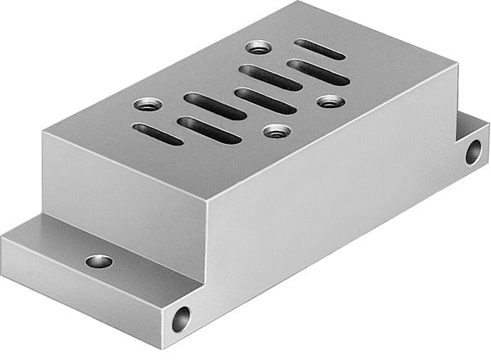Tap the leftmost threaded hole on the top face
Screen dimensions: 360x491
pyautogui.click(x=146, y=105)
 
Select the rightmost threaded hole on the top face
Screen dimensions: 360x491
pyautogui.click(x=330, y=101)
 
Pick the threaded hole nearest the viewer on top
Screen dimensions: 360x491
pyautogui.click(x=275, y=130)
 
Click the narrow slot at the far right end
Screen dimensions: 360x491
pyautogui.click(x=320, y=50)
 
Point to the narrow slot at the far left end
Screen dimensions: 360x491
pyautogui.click(x=158, y=134)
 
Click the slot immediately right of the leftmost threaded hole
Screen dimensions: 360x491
pyautogui.click(x=214, y=106)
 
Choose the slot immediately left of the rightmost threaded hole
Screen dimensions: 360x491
pyautogui.click(x=265, y=100)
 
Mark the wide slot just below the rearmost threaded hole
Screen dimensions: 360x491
pyautogui.click(x=269, y=77)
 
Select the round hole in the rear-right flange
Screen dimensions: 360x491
pyautogui.click(x=473, y=151)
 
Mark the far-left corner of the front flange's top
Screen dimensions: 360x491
pyautogui.click(x=4, y=236)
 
